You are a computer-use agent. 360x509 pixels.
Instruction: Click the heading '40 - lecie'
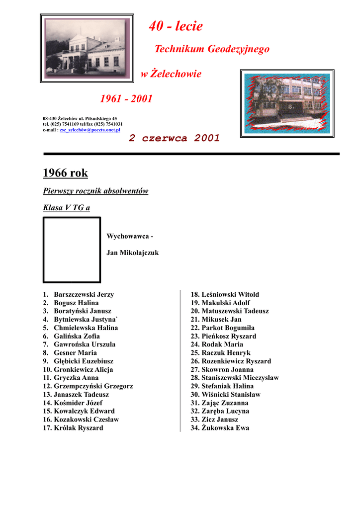[176, 26]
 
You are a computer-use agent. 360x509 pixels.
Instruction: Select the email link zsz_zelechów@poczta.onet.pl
[90, 129]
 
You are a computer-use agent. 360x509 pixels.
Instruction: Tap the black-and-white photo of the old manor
[87, 48]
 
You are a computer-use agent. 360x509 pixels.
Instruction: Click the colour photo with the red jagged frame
[287, 103]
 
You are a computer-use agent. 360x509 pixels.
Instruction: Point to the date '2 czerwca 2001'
[174, 139]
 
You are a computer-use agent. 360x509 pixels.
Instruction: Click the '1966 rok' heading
[65, 173]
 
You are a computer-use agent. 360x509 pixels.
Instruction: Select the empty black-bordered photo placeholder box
[72, 250]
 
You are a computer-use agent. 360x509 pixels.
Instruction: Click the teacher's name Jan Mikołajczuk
[132, 253]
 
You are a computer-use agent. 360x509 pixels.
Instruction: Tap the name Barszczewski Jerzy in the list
[84, 294]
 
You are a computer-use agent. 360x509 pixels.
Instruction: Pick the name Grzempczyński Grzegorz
[93, 386]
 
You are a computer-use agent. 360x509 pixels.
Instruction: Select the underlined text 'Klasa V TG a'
[67, 208]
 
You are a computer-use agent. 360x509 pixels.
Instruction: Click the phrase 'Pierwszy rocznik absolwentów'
[95, 191]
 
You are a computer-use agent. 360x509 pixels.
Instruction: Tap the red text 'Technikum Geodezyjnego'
[212, 49]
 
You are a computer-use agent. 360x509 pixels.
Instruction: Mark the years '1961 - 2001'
[126, 98]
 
